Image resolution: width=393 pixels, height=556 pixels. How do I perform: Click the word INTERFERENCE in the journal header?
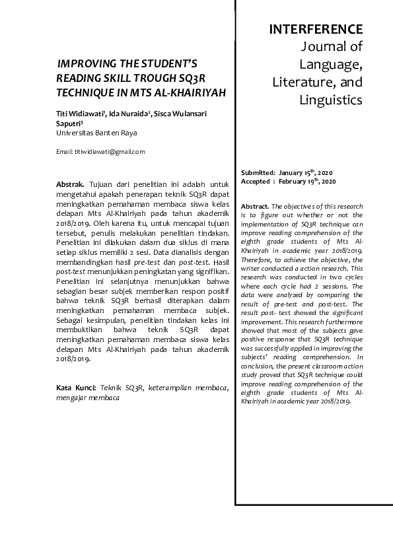(x=316, y=29)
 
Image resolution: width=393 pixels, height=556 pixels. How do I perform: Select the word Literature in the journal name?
(x=303, y=83)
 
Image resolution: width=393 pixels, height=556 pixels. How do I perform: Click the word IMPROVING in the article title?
(x=87, y=64)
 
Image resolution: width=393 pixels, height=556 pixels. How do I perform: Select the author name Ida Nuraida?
(x=129, y=114)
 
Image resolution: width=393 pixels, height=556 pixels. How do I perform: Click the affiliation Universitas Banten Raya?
(x=96, y=132)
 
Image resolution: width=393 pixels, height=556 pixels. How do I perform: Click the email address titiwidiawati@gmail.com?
(x=109, y=151)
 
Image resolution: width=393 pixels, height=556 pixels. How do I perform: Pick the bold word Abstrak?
(x=69, y=183)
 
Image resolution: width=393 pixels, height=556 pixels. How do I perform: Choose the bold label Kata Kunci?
(x=77, y=387)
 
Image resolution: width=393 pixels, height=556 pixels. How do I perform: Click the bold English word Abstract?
(x=255, y=206)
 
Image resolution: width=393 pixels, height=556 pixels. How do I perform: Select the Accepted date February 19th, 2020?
(x=308, y=181)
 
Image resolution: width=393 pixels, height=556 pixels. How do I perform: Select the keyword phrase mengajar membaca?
(x=88, y=398)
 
